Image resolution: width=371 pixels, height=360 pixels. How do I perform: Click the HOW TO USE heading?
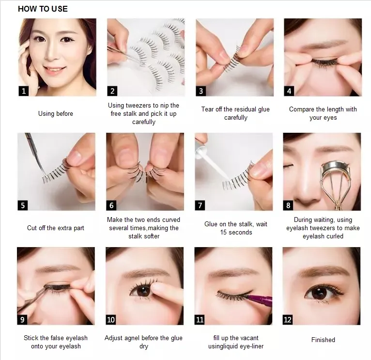coord(43,9)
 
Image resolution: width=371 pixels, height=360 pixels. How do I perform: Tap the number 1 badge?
coord(24,91)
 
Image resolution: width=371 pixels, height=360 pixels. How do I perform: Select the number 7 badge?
coord(200,205)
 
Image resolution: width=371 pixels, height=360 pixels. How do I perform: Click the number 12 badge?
coord(288,320)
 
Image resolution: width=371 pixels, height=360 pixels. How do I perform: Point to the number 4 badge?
coord(289,91)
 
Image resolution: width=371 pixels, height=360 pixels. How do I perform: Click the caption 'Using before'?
coord(56,113)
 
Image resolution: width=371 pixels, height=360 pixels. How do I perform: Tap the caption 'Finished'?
coord(323,340)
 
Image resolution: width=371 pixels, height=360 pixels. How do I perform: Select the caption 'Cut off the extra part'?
coord(56,228)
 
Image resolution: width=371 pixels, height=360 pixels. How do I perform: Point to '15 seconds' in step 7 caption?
coord(236,233)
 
